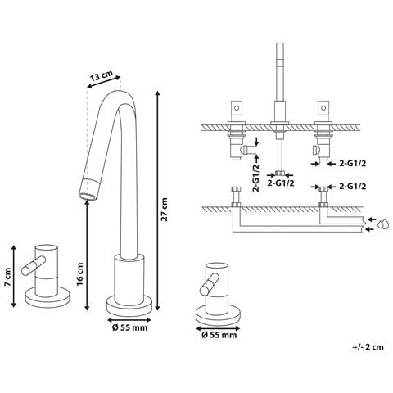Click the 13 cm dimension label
[102, 75]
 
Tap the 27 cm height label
[165, 210]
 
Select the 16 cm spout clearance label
[79, 273]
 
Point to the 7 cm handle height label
[7, 277]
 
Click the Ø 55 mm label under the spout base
[129, 327]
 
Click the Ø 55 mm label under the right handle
[219, 335]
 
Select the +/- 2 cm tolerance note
[368, 347]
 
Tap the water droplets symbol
[382, 224]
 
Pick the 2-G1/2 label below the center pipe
[280, 183]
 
